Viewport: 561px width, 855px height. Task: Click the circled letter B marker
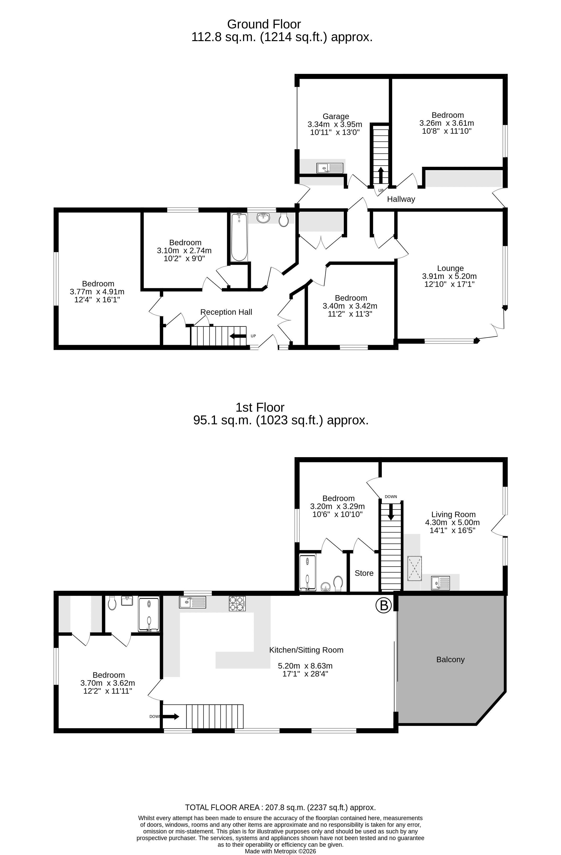383,605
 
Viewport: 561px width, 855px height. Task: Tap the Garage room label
336,116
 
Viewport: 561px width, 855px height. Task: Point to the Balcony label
450,659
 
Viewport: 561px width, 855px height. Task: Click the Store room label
364,573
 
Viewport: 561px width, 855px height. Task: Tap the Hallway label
401,199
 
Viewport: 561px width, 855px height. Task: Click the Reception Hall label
226,312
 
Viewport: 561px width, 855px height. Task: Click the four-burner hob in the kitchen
237,604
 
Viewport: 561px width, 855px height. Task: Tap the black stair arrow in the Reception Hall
238,336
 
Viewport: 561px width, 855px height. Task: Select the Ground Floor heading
264,24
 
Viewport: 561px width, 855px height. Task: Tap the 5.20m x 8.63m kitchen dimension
305,666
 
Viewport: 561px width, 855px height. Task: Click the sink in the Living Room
441,582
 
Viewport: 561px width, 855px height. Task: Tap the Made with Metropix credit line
280,851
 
